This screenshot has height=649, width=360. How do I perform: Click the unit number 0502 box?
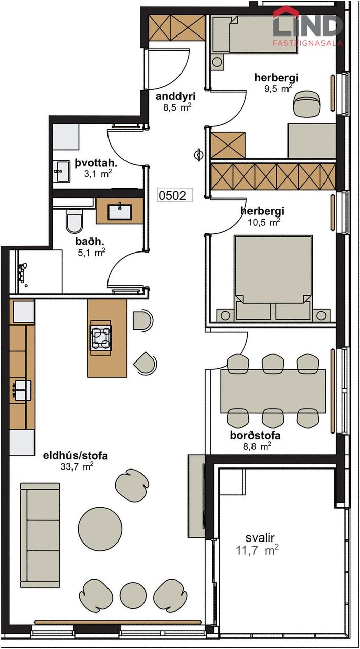coord(175,195)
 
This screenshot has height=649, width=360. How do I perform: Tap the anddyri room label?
coord(175,96)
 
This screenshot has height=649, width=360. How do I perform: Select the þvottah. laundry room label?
coord(96,163)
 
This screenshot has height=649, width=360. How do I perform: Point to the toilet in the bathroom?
coord(74,221)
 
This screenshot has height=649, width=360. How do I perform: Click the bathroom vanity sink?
coord(120,211)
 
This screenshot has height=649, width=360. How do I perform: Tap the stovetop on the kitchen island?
coord(100,338)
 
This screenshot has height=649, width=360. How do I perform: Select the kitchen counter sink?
coord(20,390)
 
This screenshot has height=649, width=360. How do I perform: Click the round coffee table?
coord(100,528)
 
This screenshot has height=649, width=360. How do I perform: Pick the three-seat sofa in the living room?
coord(40,535)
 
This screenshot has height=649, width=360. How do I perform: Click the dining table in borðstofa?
coord(273,391)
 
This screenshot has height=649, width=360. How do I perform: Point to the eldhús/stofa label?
coord(76,456)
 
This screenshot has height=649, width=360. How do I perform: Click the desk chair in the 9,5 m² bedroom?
coord(307,103)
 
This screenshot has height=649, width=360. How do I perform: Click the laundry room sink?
coord(61,171)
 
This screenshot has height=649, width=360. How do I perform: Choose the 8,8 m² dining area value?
coord(257,446)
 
